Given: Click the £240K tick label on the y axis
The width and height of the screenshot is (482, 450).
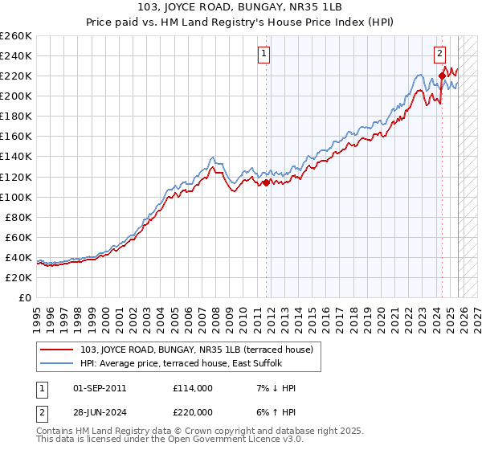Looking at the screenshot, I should [16, 55].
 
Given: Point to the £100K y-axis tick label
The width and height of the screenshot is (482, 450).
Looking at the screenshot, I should [16, 197].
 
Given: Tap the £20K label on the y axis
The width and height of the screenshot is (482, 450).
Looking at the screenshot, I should [18, 277].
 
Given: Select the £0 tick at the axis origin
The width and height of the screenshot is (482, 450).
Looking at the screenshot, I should [26, 297].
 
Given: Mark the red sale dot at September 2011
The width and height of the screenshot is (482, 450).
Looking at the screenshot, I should [267, 182].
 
